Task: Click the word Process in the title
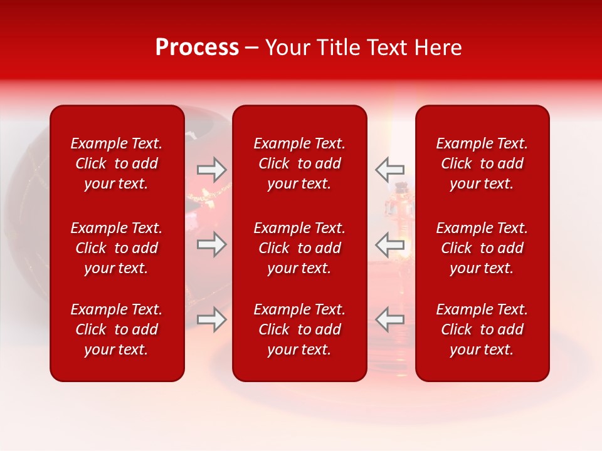pos(197,48)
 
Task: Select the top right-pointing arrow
pos(211,169)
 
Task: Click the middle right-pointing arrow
pos(211,244)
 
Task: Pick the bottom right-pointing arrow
pos(211,319)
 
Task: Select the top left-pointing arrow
pos(389,169)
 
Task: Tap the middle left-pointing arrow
pos(389,244)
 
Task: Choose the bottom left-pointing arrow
pos(389,319)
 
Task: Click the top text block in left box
pos(117,163)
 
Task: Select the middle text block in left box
pos(117,248)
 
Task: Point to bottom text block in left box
pos(117,329)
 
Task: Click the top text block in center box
pos(300,163)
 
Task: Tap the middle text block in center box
pos(300,248)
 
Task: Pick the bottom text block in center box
pos(300,329)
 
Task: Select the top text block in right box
pos(482,163)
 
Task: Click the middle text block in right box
pos(482,248)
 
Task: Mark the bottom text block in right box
pos(482,329)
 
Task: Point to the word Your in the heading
pos(286,48)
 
